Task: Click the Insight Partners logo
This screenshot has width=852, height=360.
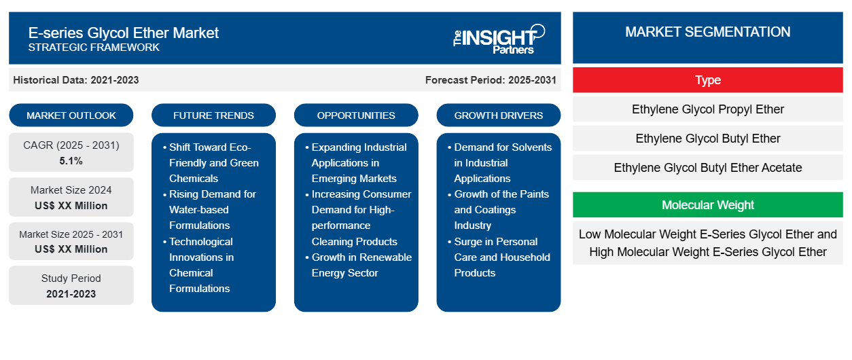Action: point(499,38)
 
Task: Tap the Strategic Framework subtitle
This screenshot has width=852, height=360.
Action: point(94,48)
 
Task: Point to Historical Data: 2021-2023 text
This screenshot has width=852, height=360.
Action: point(76,80)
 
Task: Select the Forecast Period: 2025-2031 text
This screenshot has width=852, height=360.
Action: point(491,80)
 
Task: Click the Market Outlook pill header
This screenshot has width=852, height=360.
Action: point(71,115)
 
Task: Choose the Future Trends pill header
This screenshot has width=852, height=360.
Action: point(213,115)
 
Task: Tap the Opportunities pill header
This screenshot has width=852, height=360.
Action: point(356,115)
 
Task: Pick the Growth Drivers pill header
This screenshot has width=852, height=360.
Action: point(499,115)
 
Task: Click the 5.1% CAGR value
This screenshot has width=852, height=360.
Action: point(71,161)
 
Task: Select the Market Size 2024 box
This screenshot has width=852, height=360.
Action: point(71,197)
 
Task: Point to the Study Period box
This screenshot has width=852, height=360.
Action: point(71,285)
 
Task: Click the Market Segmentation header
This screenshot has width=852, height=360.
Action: point(708,32)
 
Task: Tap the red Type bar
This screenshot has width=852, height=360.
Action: point(708,80)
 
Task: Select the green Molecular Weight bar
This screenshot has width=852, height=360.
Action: point(708,204)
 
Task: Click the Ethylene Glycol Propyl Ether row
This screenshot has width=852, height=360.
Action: point(708,109)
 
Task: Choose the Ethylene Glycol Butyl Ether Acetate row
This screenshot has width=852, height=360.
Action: point(708,168)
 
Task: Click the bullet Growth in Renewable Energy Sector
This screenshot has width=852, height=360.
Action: point(361,265)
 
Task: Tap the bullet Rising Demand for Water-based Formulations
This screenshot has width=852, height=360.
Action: point(212,210)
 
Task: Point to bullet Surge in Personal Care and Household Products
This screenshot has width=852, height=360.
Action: point(501,257)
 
